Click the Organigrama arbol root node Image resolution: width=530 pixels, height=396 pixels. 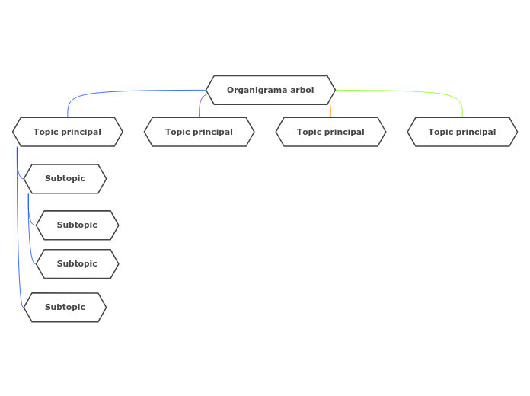(270, 90)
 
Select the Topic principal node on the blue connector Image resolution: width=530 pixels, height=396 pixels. (67, 132)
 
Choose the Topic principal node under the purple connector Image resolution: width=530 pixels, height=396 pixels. (199, 132)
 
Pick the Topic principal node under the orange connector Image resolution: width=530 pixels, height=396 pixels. (330, 132)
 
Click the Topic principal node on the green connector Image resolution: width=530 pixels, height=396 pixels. (462, 132)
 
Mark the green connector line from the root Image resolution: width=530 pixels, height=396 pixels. (411, 91)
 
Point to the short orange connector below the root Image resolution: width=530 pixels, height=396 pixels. (330, 110)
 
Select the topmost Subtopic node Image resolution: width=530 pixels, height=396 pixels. (65, 179)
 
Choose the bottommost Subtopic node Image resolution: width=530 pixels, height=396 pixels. (65, 308)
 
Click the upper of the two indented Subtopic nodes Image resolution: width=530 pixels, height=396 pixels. (77, 225)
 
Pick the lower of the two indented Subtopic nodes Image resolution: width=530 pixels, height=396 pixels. (77, 264)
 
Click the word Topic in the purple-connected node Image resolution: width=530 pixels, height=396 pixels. (177, 132)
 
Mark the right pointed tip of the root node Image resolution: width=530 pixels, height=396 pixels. (334, 90)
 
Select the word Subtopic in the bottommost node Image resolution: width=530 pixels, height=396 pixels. (65, 308)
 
